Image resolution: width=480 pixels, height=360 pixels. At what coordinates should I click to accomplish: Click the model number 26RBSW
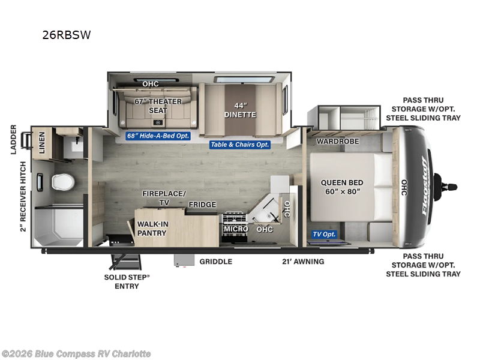66,35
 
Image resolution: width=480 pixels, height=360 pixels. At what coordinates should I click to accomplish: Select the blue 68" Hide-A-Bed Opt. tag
158,136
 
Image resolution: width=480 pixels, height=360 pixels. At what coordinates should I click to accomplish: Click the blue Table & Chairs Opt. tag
240,145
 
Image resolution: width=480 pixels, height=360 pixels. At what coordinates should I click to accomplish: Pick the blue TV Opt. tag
324,234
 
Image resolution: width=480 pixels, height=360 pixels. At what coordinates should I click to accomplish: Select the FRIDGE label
202,205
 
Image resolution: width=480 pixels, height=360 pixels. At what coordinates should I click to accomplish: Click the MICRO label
236,229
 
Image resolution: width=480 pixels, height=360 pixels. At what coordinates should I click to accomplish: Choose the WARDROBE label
337,141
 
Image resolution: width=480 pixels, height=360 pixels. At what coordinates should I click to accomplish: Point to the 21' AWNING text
303,262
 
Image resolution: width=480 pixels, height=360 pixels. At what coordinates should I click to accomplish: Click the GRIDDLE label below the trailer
216,262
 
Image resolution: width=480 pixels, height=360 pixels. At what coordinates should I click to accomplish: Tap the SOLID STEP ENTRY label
127,282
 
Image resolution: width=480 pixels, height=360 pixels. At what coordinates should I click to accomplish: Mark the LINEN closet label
42,143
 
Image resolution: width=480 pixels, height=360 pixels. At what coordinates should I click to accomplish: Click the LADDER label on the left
13,139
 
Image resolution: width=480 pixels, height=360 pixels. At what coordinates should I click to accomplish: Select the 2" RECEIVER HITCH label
23,196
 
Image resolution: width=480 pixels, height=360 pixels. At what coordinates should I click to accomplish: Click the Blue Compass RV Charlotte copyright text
76,354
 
